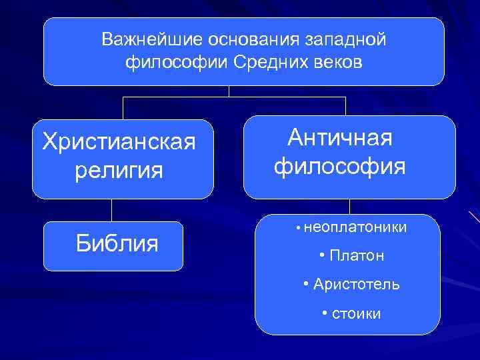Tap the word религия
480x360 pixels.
[119, 170]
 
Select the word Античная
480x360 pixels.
[340, 138]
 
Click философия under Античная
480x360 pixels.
[340, 165]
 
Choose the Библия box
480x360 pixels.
[114, 245]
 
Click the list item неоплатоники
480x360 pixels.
[353, 228]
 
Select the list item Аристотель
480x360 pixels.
[356, 285]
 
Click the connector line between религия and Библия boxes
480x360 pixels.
[112, 210]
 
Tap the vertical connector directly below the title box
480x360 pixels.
[229, 91]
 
